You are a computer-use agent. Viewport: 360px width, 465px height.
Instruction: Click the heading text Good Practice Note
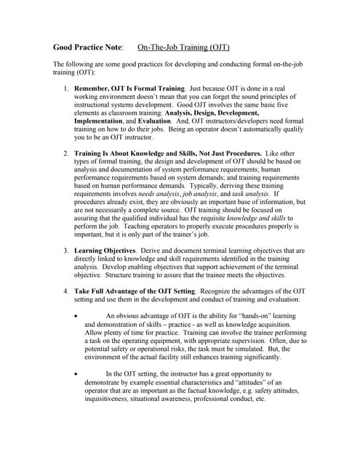(88, 47)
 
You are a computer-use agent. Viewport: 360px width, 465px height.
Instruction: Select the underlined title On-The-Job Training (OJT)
(183, 47)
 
